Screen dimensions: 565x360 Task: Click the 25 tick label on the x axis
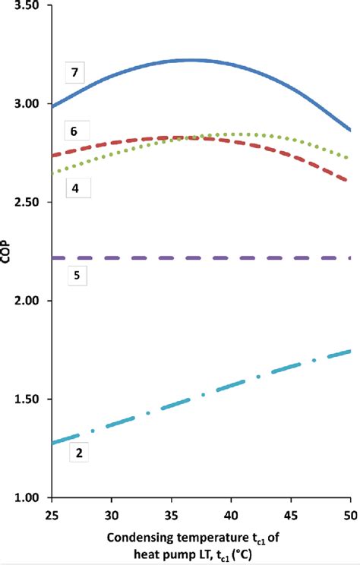tap(51, 513)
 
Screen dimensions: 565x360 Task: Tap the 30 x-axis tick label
tap(111, 513)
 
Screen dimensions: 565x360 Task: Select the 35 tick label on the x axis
tap(171, 513)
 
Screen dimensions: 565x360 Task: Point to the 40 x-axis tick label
tap(231, 513)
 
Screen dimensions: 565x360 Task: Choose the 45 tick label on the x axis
tap(291, 513)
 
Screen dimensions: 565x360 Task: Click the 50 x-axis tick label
tap(350, 513)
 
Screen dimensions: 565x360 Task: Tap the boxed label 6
tap(74, 131)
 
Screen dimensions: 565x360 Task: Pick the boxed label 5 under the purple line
tap(76, 276)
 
